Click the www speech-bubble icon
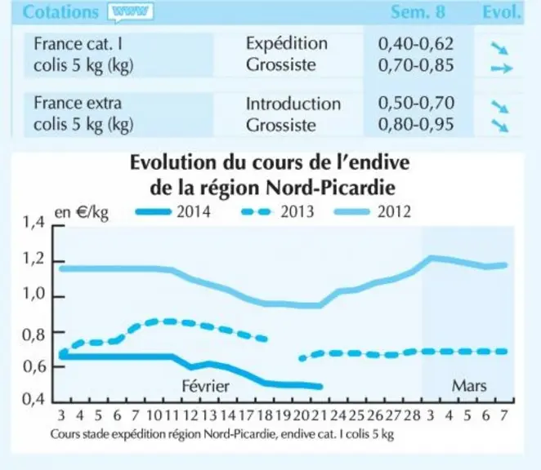pos(131,13)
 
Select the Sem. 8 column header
pos(418,12)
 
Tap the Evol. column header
pos(501,12)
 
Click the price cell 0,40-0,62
pos(416,44)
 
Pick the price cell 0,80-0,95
pos(416,124)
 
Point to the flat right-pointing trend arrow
pos(502,69)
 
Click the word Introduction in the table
pos(293,104)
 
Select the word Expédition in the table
pos(287,44)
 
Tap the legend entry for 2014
pos(173,211)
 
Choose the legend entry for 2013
pos(277,211)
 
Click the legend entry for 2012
pos(373,211)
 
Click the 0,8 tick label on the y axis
pos(34,334)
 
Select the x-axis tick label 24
pos(338,415)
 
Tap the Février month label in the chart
pos(206,386)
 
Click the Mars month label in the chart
pos(469,386)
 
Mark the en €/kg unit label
pos(82,213)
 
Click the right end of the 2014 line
pos(320,387)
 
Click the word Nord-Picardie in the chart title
pos(331,188)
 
